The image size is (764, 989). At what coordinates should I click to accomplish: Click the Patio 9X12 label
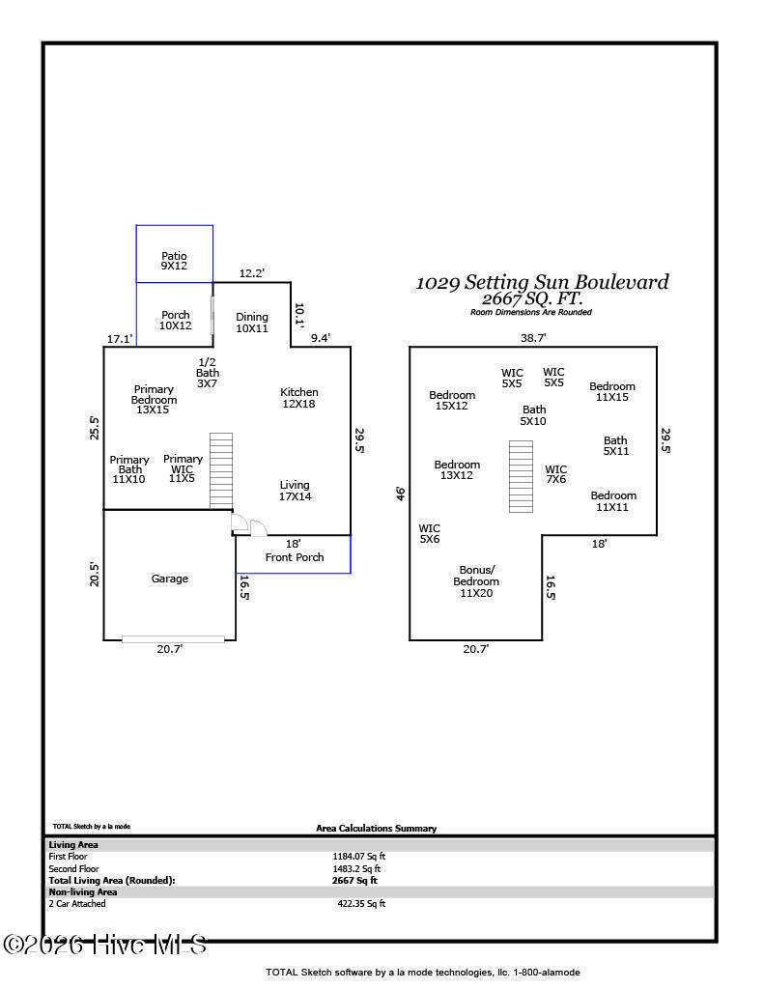tap(174, 261)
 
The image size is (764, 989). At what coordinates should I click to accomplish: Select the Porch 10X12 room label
tap(176, 320)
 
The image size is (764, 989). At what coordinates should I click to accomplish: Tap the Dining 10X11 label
tap(252, 323)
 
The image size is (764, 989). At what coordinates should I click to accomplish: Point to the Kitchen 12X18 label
tap(299, 397)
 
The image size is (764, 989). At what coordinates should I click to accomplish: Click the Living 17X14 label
tap(295, 490)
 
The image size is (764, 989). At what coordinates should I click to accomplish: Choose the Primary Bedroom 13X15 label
tap(154, 399)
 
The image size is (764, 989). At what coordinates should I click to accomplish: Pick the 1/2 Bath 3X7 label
tap(207, 372)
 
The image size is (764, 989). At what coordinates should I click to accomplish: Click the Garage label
tap(170, 579)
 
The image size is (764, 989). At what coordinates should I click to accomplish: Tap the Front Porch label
tap(295, 557)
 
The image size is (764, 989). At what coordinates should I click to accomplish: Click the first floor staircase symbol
tap(221, 470)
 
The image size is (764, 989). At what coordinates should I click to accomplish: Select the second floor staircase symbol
tap(522, 476)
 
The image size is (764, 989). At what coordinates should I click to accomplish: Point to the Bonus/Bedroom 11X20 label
tap(476, 580)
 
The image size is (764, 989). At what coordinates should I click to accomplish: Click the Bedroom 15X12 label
tap(452, 400)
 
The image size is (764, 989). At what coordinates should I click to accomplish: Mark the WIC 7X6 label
tap(555, 473)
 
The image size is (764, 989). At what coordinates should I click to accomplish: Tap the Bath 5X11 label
tap(616, 445)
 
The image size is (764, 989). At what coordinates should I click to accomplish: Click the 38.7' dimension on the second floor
tap(533, 338)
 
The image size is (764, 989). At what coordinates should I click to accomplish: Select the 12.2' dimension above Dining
tap(252, 273)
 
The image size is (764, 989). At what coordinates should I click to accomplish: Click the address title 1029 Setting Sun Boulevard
tap(542, 282)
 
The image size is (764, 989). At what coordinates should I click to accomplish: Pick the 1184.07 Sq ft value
tap(359, 857)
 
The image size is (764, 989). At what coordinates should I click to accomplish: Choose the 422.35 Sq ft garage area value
tap(361, 904)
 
